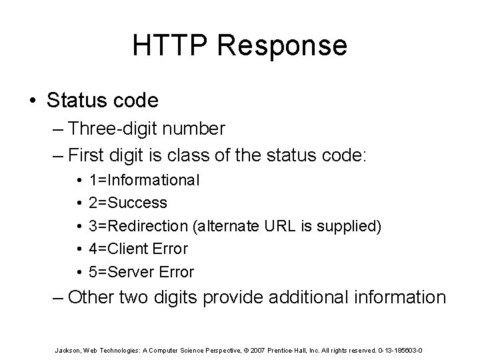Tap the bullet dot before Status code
pos(33,101)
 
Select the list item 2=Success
pos(137,202)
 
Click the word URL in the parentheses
pos(286,226)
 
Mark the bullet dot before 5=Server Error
pos(79,272)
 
